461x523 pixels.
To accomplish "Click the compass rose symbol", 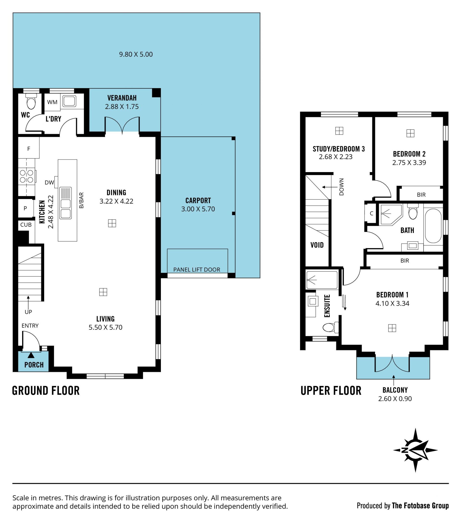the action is point(415,450).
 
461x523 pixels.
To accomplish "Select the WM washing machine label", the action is point(52,102).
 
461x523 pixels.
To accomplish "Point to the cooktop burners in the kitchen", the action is point(27,176).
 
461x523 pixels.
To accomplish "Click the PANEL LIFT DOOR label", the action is point(197,269).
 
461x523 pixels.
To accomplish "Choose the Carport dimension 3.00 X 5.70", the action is point(198,209).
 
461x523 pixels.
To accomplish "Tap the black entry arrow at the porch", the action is point(31,355).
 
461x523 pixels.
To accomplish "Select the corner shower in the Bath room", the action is point(391,215).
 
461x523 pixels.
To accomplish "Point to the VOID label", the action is point(317,245).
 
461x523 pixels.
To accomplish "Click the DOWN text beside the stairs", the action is point(341,187).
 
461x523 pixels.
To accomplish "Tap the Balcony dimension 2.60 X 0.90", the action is point(395,399).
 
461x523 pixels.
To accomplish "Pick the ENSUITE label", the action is point(327,306).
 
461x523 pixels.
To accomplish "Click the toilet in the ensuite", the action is point(331,327).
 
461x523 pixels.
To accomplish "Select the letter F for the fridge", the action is point(29,149).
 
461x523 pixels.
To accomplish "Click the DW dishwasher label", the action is point(49,182).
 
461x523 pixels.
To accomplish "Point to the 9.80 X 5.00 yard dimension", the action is point(136,54).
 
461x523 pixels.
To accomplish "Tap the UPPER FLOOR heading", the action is point(331,391).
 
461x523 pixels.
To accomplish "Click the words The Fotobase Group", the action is point(420,506).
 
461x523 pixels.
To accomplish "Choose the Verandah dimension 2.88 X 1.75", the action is point(122,107).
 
